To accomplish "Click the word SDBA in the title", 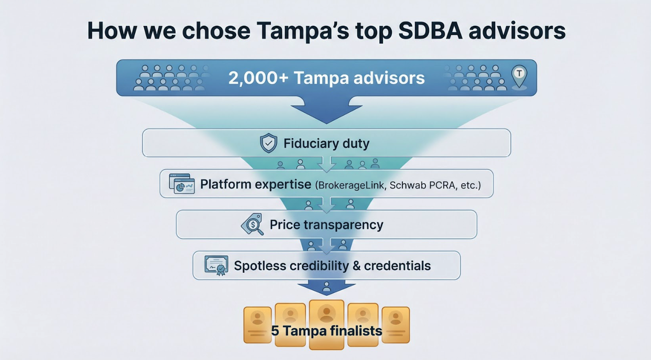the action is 430,31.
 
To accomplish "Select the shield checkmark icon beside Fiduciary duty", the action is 268,143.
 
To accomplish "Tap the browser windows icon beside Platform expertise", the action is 182,183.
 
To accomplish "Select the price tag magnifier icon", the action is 252,224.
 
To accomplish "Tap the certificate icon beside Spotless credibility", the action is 217,265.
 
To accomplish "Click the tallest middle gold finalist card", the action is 327,324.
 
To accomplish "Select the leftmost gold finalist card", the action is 257,325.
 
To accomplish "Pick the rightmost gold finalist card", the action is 395,325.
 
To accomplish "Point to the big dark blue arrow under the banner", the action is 326,110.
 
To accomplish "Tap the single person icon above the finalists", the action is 327,286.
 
